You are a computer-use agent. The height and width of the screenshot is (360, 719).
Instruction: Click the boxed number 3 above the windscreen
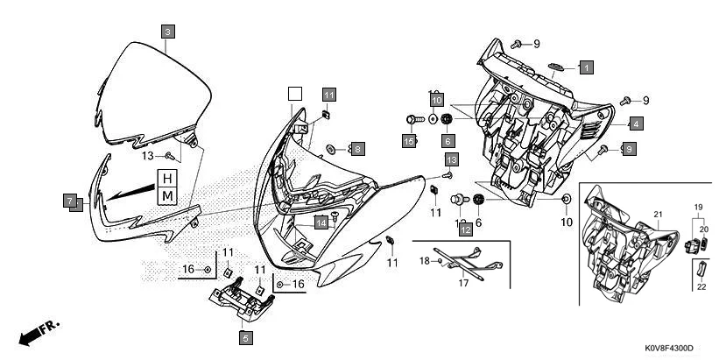pos(168,30)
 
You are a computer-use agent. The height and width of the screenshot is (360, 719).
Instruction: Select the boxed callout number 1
pos(586,66)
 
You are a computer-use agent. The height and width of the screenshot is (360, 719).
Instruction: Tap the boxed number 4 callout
pos(635,124)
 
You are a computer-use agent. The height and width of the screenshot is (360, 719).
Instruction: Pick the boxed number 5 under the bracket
pos(245,336)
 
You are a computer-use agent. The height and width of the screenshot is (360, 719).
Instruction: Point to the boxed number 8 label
pos(357,148)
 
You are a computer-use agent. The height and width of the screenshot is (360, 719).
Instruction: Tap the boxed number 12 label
pos(466,229)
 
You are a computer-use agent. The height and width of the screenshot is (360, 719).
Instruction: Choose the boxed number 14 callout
pos(321,222)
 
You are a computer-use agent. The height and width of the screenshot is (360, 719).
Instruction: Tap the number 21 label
pos(659,215)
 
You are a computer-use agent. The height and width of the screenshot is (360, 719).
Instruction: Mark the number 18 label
pos(424,260)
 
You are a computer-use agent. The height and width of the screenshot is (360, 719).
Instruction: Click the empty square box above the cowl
pos(294,92)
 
